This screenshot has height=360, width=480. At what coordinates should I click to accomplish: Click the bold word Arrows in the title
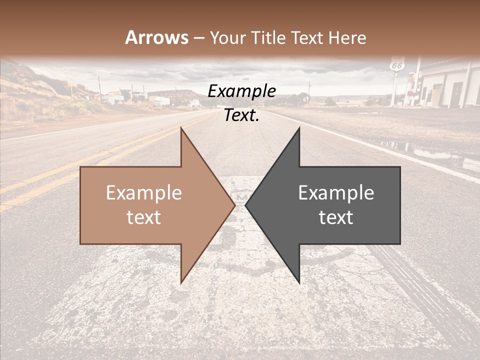click(x=157, y=37)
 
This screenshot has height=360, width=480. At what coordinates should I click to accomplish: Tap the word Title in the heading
click(x=268, y=37)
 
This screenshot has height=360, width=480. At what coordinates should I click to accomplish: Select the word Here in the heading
click(x=347, y=37)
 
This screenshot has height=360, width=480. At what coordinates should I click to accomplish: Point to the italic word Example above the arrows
click(x=242, y=91)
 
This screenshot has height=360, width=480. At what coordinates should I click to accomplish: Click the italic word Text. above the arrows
click(x=242, y=115)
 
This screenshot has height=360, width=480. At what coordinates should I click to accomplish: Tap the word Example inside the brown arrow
click(x=144, y=193)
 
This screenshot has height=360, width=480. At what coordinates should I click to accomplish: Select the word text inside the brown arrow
click(x=144, y=217)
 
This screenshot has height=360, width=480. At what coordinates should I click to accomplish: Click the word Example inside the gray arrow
click(x=336, y=193)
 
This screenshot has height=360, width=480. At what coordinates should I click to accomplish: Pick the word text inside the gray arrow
click(x=336, y=217)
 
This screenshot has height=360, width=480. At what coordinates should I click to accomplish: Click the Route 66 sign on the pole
click(x=397, y=65)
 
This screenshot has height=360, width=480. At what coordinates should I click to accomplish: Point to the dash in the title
click(x=199, y=38)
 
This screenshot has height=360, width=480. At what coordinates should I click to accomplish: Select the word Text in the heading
click(x=306, y=37)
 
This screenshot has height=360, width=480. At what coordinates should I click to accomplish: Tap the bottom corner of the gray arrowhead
click(x=299, y=282)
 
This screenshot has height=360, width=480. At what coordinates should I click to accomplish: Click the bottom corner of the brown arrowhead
click(x=181, y=282)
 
